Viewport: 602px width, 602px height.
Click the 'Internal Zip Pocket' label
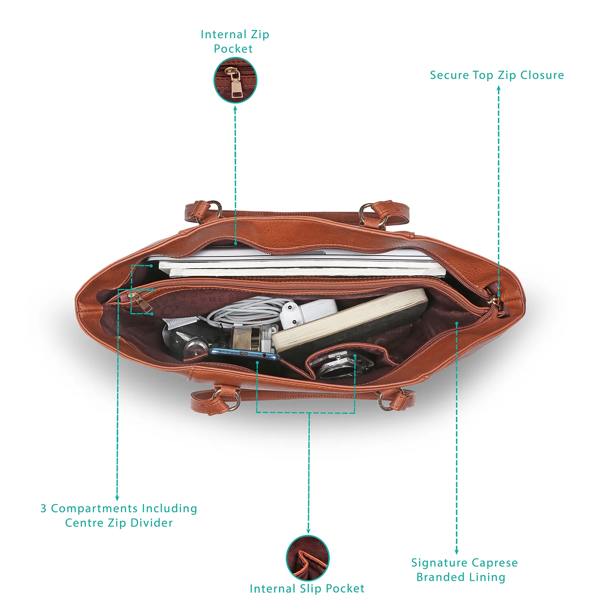click(235, 41)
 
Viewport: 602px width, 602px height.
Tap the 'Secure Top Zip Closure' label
click(497, 75)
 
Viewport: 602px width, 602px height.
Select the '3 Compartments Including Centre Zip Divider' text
click(119, 515)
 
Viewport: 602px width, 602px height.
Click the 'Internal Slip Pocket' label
click(307, 588)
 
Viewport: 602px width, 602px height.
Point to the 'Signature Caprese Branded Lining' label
click(464, 569)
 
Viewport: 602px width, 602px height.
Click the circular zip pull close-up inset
click(235, 80)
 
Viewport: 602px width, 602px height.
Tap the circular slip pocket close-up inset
click(308, 558)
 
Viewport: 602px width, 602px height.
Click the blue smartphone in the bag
click(244, 355)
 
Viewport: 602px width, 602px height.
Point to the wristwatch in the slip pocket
click(341, 363)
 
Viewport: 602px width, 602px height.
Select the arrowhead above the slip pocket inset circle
click(308, 531)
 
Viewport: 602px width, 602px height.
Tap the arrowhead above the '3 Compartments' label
click(117, 498)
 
